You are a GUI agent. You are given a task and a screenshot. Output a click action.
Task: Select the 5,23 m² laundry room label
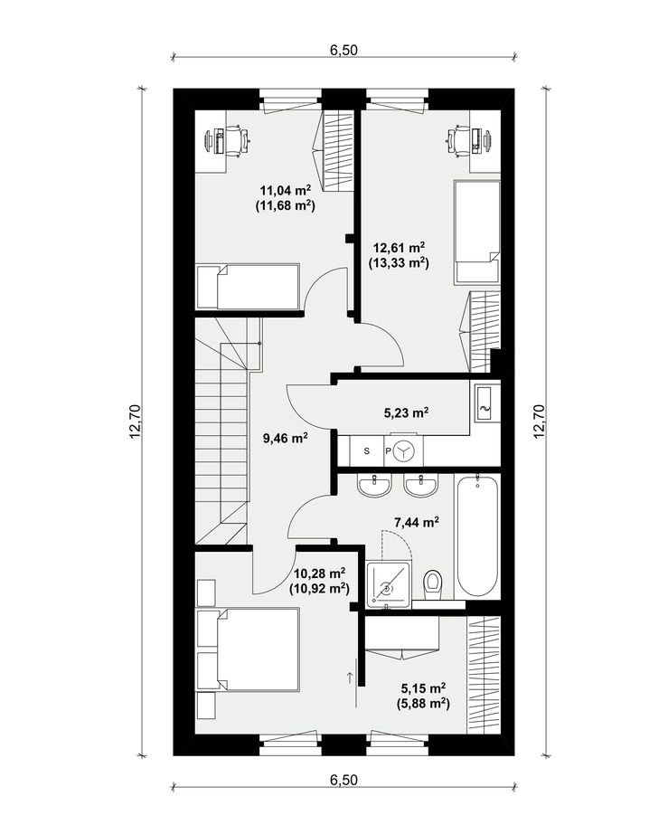[x=406, y=413]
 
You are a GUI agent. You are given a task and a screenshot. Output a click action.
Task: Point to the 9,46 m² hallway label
[x=286, y=438]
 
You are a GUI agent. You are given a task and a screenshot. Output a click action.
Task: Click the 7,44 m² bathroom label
[x=417, y=522]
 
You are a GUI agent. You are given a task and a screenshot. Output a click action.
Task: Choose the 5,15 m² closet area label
[x=423, y=688]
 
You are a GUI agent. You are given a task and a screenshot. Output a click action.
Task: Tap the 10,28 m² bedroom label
[x=319, y=573]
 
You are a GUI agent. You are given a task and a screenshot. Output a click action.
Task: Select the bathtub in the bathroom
[x=478, y=535]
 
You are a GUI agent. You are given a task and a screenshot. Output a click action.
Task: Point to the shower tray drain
[x=388, y=589]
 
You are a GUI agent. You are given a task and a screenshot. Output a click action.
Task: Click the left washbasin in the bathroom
[x=373, y=487]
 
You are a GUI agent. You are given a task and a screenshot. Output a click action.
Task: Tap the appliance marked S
[x=367, y=450]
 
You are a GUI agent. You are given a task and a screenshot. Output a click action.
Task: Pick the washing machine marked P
[x=403, y=450]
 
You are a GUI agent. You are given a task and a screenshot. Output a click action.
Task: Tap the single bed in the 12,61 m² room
[x=477, y=232]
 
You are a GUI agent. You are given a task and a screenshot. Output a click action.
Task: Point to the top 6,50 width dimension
[x=343, y=50]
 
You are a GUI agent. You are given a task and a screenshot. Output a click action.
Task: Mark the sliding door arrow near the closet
[x=350, y=677]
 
